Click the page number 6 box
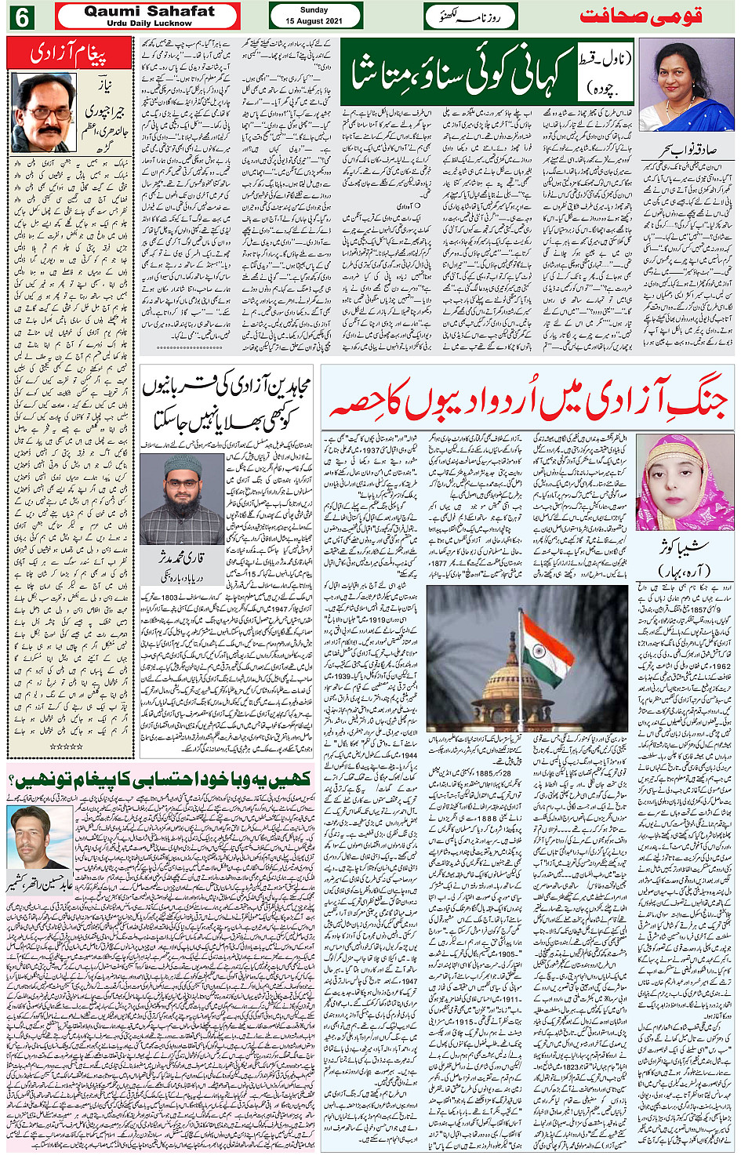click(x=20, y=16)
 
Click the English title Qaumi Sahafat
click(x=149, y=11)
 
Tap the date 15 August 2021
click(x=314, y=21)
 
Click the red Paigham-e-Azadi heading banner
click(x=68, y=54)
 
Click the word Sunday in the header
click(x=314, y=10)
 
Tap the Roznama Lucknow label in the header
click(x=470, y=16)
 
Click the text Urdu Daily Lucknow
click(x=149, y=24)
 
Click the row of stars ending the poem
click(x=65, y=747)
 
